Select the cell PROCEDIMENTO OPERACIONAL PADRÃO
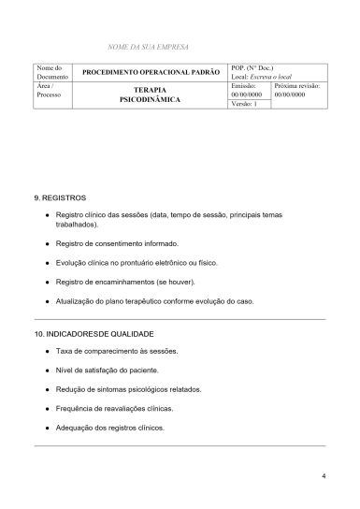[x=151, y=72]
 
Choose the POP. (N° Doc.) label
[x=254, y=66]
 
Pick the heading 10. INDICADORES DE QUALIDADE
[x=93, y=334]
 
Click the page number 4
[x=323, y=477]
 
